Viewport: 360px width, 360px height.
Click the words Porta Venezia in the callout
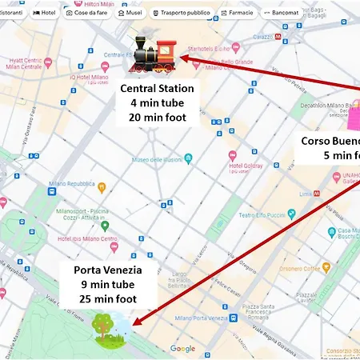(x=107, y=270)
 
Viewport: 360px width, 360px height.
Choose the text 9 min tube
(x=107, y=285)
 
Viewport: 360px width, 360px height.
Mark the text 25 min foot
(x=107, y=299)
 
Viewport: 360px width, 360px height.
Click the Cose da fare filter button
(x=86, y=13)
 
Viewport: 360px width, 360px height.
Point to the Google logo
(x=182, y=348)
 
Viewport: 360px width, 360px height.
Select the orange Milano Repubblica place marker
(x=102, y=186)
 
